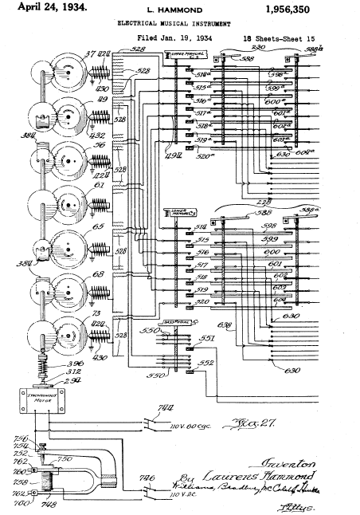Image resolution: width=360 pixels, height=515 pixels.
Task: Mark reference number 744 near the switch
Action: click(x=166, y=408)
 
